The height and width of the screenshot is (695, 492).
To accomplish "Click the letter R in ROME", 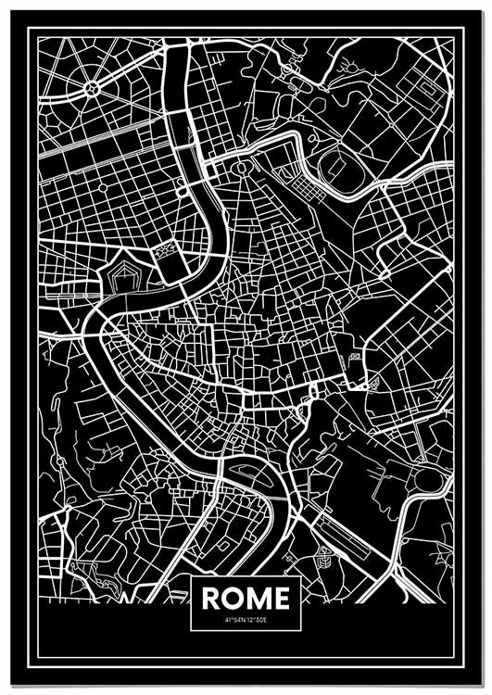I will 212,599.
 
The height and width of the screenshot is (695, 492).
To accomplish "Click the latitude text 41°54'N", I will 234,621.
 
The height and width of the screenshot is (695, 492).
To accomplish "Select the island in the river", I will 246,470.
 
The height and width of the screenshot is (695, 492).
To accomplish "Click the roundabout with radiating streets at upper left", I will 92,89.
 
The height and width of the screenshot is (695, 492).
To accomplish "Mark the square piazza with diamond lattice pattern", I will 167,249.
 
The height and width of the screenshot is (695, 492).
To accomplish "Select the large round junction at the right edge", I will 429,479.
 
